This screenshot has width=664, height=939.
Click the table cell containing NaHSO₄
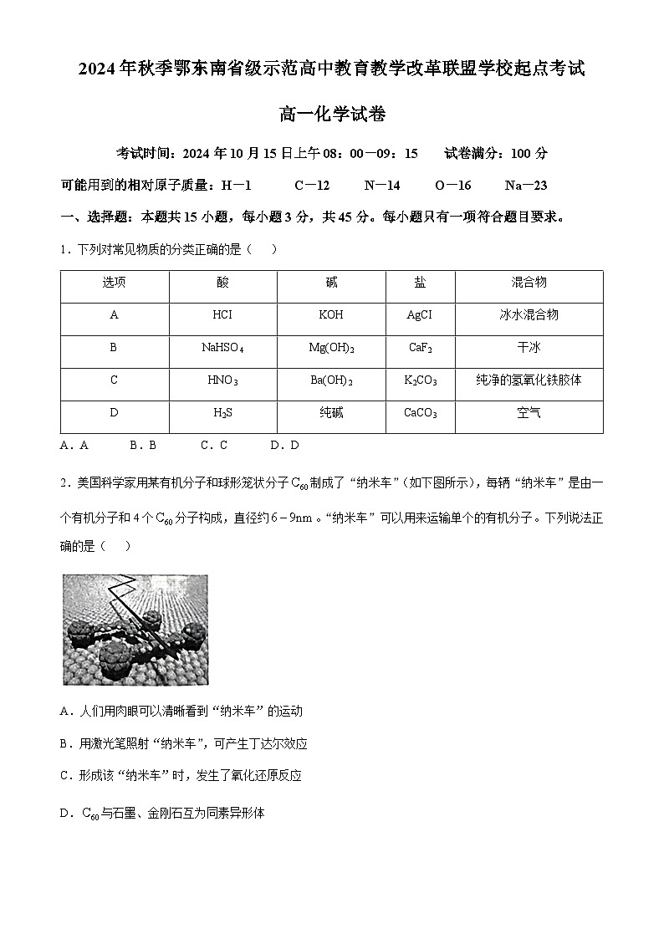click(x=222, y=348)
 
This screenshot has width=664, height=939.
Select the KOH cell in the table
click(x=331, y=315)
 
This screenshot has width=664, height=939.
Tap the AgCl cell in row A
click(x=419, y=315)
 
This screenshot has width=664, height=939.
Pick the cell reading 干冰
click(x=529, y=348)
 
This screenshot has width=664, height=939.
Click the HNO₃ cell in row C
click(x=222, y=380)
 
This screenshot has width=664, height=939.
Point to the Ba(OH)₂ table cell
click(x=331, y=380)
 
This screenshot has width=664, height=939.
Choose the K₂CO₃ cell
click(x=420, y=380)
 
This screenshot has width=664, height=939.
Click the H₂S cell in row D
click(x=222, y=413)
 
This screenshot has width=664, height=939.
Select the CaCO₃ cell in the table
click(x=420, y=413)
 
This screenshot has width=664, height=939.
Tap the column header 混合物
click(x=529, y=283)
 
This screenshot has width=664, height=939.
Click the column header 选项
click(x=115, y=283)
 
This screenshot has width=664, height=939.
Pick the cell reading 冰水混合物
click(x=529, y=315)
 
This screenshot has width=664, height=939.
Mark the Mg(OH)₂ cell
click(x=331, y=348)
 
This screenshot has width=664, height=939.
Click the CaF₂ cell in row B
click(x=420, y=348)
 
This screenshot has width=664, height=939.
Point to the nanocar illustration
click(x=135, y=629)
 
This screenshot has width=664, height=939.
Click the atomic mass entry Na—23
click(x=526, y=186)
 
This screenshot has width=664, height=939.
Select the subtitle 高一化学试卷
click(x=332, y=115)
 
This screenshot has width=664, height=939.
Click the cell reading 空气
click(x=529, y=413)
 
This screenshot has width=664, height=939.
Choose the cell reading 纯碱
click(x=331, y=413)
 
